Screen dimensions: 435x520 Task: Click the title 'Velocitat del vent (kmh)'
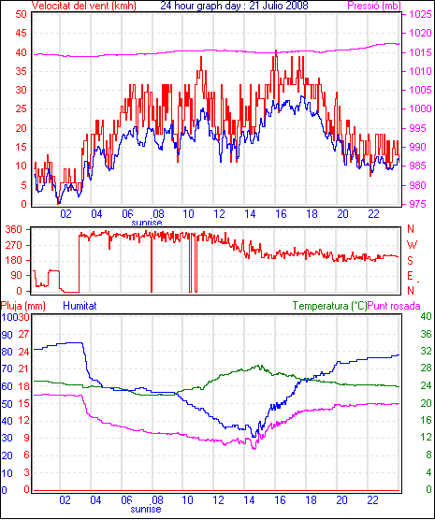[x=84, y=6]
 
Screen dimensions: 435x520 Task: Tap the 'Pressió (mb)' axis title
[x=374, y=6]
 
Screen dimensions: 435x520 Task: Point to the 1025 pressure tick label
[x=420, y=14]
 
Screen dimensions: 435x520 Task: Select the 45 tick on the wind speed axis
[x=22, y=33]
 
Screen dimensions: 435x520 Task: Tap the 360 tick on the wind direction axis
[x=14, y=229]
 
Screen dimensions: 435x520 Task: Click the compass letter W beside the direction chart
[x=412, y=245]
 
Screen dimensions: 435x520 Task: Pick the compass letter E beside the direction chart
[x=411, y=276]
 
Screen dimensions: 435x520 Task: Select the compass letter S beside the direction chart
[x=411, y=261]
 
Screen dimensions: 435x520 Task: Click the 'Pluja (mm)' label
[x=22, y=306]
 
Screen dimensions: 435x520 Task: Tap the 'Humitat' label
[x=80, y=306]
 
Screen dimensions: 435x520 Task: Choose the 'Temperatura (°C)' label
[x=329, y=306]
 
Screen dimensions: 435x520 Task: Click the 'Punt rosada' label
[x=394, y=306]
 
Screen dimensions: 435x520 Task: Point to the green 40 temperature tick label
[x=426, y=316]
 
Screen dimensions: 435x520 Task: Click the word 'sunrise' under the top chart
[x=147, y=223]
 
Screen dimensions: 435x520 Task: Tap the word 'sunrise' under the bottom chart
[x=146, y=509]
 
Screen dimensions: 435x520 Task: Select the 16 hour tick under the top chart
[x=281, y=214]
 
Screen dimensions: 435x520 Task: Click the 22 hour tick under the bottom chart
[x=372, y=500]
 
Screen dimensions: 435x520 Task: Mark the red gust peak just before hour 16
[x=276, y=51]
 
